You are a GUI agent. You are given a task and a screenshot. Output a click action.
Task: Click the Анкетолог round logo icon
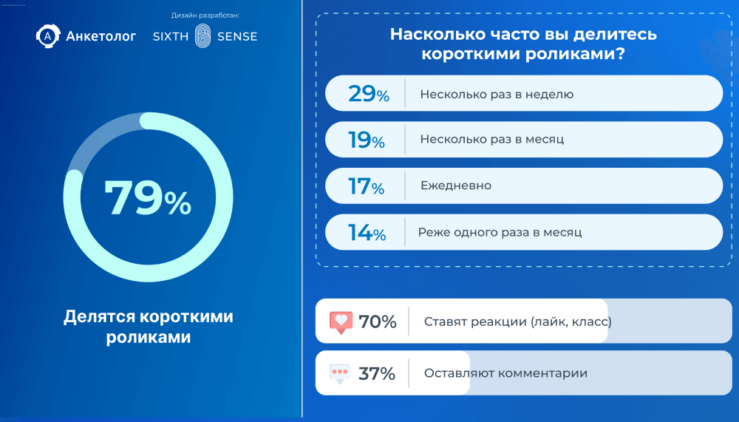coord(47,35)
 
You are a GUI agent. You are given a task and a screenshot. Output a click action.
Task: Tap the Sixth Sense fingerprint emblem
coord(203,36)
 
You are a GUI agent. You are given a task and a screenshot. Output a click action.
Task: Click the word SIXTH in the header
coord(171,36)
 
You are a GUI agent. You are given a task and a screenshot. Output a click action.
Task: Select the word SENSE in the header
coord(237,36)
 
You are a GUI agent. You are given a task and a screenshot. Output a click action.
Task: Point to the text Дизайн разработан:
coord(205,16)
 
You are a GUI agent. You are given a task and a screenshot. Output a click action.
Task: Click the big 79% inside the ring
coord(148,198)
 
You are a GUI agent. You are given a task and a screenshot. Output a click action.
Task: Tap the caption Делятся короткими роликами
coord(149,326)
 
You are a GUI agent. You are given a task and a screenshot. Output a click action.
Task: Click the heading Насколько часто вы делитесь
coord(523,35)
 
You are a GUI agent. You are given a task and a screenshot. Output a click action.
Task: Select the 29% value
coord(369,93)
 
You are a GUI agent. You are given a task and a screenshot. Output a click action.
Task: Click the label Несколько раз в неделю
coord(497,95)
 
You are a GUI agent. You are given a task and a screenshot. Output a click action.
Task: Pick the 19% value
coord(367,140)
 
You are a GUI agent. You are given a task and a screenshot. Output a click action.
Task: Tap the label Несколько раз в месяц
coord(492,139)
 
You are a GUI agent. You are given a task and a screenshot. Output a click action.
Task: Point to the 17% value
coord(367,186)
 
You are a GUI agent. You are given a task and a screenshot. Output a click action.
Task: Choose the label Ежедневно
coord(456,186)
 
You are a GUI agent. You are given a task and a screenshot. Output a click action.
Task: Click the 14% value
coord(367,233)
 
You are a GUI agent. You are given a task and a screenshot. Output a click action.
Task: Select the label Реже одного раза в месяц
coord(500,232)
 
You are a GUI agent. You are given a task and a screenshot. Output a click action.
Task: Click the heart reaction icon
coord(341,322)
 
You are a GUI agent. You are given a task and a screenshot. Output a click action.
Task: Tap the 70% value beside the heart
coord(378,321)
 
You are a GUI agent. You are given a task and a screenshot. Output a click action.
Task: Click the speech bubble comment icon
coord(340,374)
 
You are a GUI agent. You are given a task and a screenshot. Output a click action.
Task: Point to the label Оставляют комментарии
coord(505,373)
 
